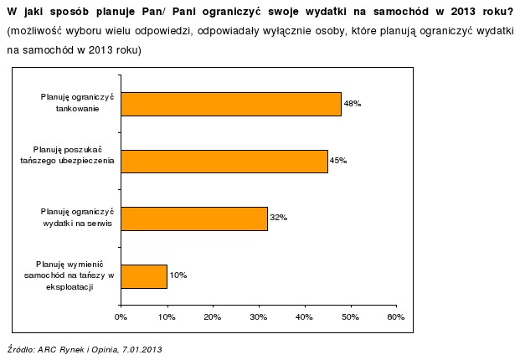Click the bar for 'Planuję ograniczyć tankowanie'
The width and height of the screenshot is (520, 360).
(x=231, y=104)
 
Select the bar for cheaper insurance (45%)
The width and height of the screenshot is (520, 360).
(x=224, y=161)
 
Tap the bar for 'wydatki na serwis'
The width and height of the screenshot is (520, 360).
(x=194, y=219)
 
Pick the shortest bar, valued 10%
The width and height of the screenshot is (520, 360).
(x=144, y=275)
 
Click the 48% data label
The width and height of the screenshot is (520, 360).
(x=352, y=104)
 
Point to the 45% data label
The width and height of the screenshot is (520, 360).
(x=338, y=161)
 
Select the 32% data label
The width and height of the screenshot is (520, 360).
(x=278, y=219)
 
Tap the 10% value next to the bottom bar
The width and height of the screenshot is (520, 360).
(x=178, y=275)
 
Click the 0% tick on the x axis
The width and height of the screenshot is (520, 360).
(x=121, y=317)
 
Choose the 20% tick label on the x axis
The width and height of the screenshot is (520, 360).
(x=213, y=317)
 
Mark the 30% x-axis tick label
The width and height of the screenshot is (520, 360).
(x=258, y=317)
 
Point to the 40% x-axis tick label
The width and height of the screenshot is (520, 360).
(x=304, y=317)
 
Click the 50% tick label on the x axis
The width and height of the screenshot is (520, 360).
(x=350, y=317)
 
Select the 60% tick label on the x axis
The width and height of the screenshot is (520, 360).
(x=396, y=317)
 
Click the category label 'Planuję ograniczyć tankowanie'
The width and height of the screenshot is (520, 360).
(x=77, y=103)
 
